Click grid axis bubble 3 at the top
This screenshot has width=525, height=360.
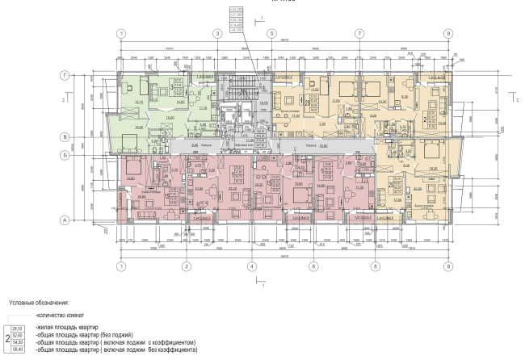(216, 34)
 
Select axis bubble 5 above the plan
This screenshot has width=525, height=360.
(272, 34)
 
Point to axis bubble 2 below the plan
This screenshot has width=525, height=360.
(185, 266)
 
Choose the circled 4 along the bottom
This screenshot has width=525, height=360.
(251, 266)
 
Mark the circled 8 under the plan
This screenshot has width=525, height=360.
(376, 266)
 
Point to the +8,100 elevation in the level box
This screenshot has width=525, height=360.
(237, 30)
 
